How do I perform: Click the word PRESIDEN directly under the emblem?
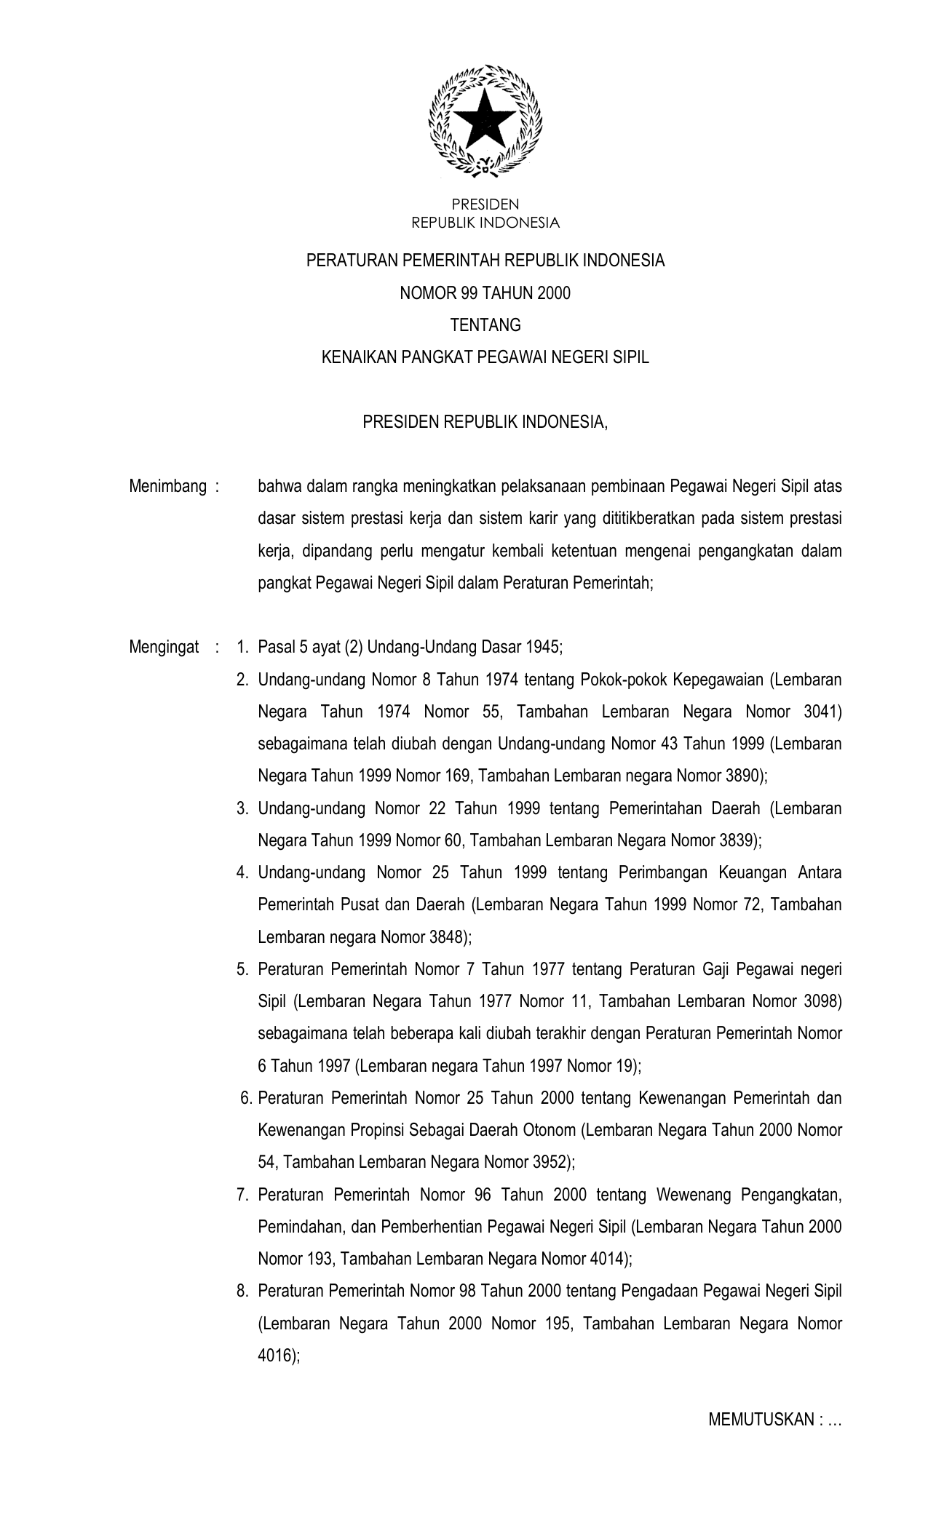(485, 205)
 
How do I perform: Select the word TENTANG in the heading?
(485, 325)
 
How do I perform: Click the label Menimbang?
(167, 486)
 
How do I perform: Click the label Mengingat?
(164, 647)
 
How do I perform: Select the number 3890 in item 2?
(744, 776)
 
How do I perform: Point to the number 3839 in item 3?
(738, 840)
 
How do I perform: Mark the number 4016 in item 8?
(277, 1355)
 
